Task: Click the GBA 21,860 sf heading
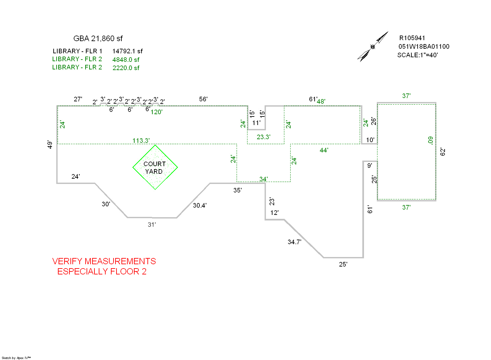tap(98, 39)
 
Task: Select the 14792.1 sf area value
tap(127, 51)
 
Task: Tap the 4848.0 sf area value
tap(126, 60)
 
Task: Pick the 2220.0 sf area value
tap(126, 68)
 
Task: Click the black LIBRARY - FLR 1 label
tap(77, 51)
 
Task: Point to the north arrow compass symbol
tap(373, 46)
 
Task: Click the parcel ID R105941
tap(412, 38)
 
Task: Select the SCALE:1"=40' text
tap(417, 55)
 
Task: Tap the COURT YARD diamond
tap(155, 167)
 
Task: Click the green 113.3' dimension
tap(141, 141)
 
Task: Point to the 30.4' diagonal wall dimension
tap(199, 205)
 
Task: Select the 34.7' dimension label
tap(294, 242)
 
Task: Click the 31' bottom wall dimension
tap(152, 224)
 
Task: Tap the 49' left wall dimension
tap(50, 144)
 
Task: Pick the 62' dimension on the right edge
tap(443, 152)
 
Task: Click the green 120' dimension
tap(157, 112)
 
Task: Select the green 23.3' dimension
tap(264, 137)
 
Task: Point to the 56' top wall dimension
tap(203, 99)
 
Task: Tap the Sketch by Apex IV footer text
tap(16, 358)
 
